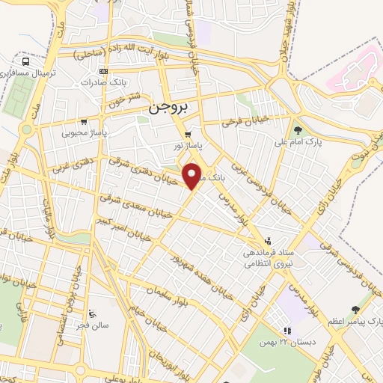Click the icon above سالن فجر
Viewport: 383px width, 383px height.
pos(93,313)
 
